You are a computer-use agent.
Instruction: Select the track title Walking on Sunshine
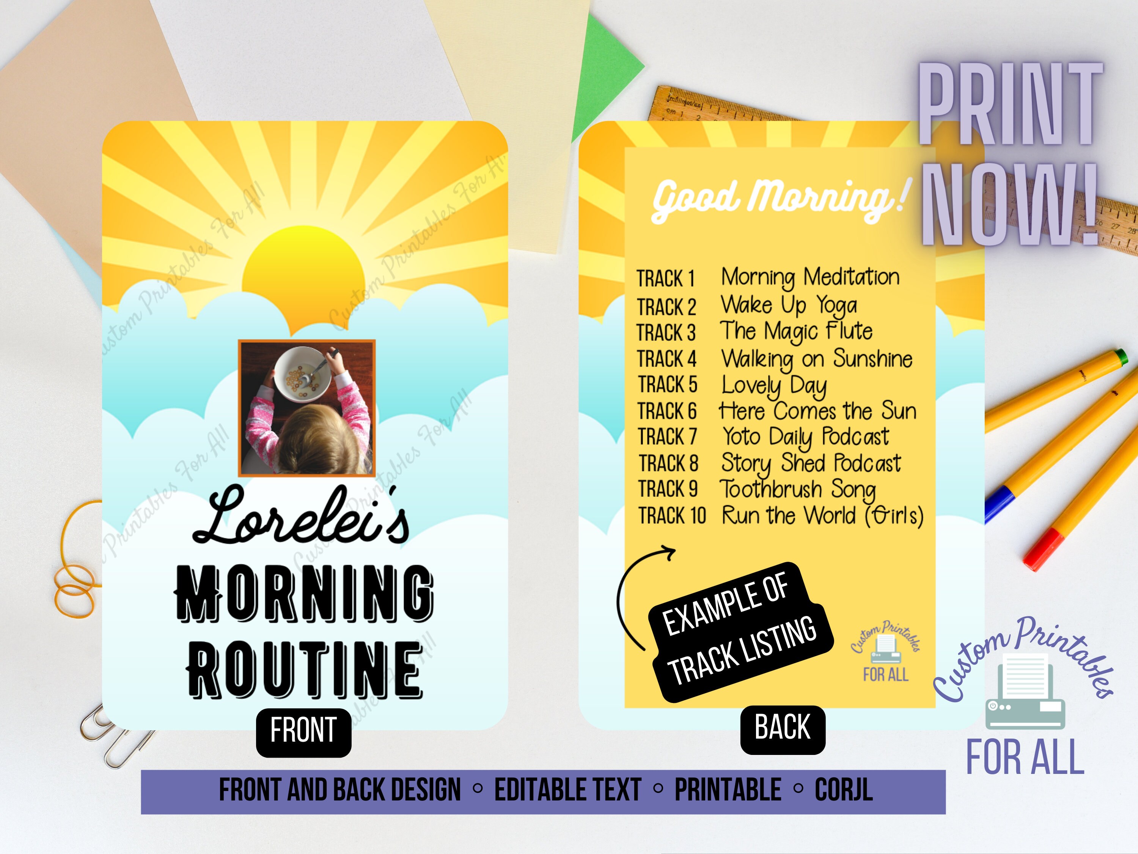816,359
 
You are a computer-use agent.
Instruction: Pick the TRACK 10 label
672,515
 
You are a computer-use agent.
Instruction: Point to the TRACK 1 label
666,279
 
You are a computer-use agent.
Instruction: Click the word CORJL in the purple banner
844,789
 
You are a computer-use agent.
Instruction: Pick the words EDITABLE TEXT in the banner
567,789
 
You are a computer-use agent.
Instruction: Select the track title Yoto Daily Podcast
805,437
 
